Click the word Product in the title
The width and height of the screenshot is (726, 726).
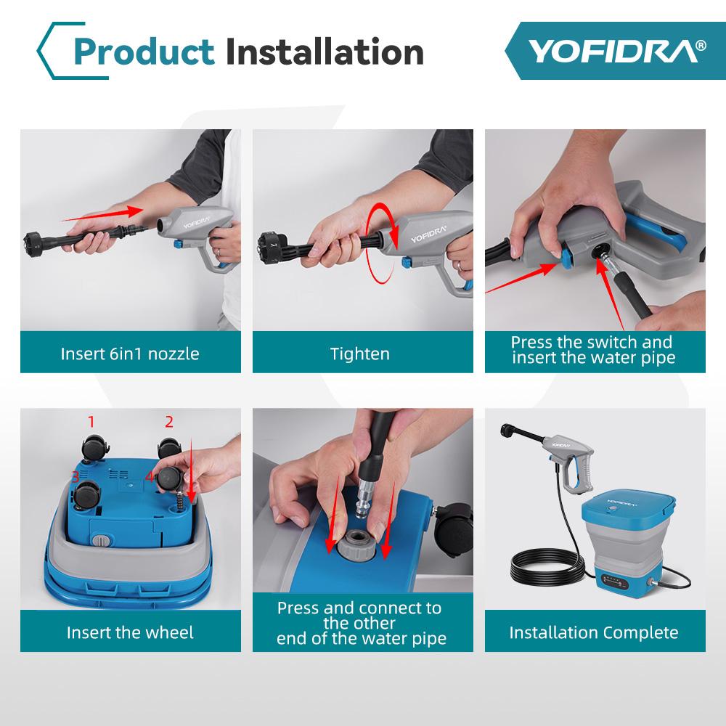point(144,52)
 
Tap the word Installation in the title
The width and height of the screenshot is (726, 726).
point(324,52)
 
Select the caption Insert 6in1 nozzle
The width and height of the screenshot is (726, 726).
point(130,354)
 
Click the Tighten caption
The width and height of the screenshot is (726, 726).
point(360,354)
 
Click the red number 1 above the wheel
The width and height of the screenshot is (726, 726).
point(91,421)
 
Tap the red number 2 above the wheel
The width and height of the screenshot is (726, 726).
point(169,421)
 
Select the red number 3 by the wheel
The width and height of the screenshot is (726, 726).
point(75,477)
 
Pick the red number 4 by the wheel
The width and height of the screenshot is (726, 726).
point(149,477)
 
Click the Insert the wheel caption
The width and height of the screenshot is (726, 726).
point(130,632)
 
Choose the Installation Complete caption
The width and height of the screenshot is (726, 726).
point(594,632)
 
